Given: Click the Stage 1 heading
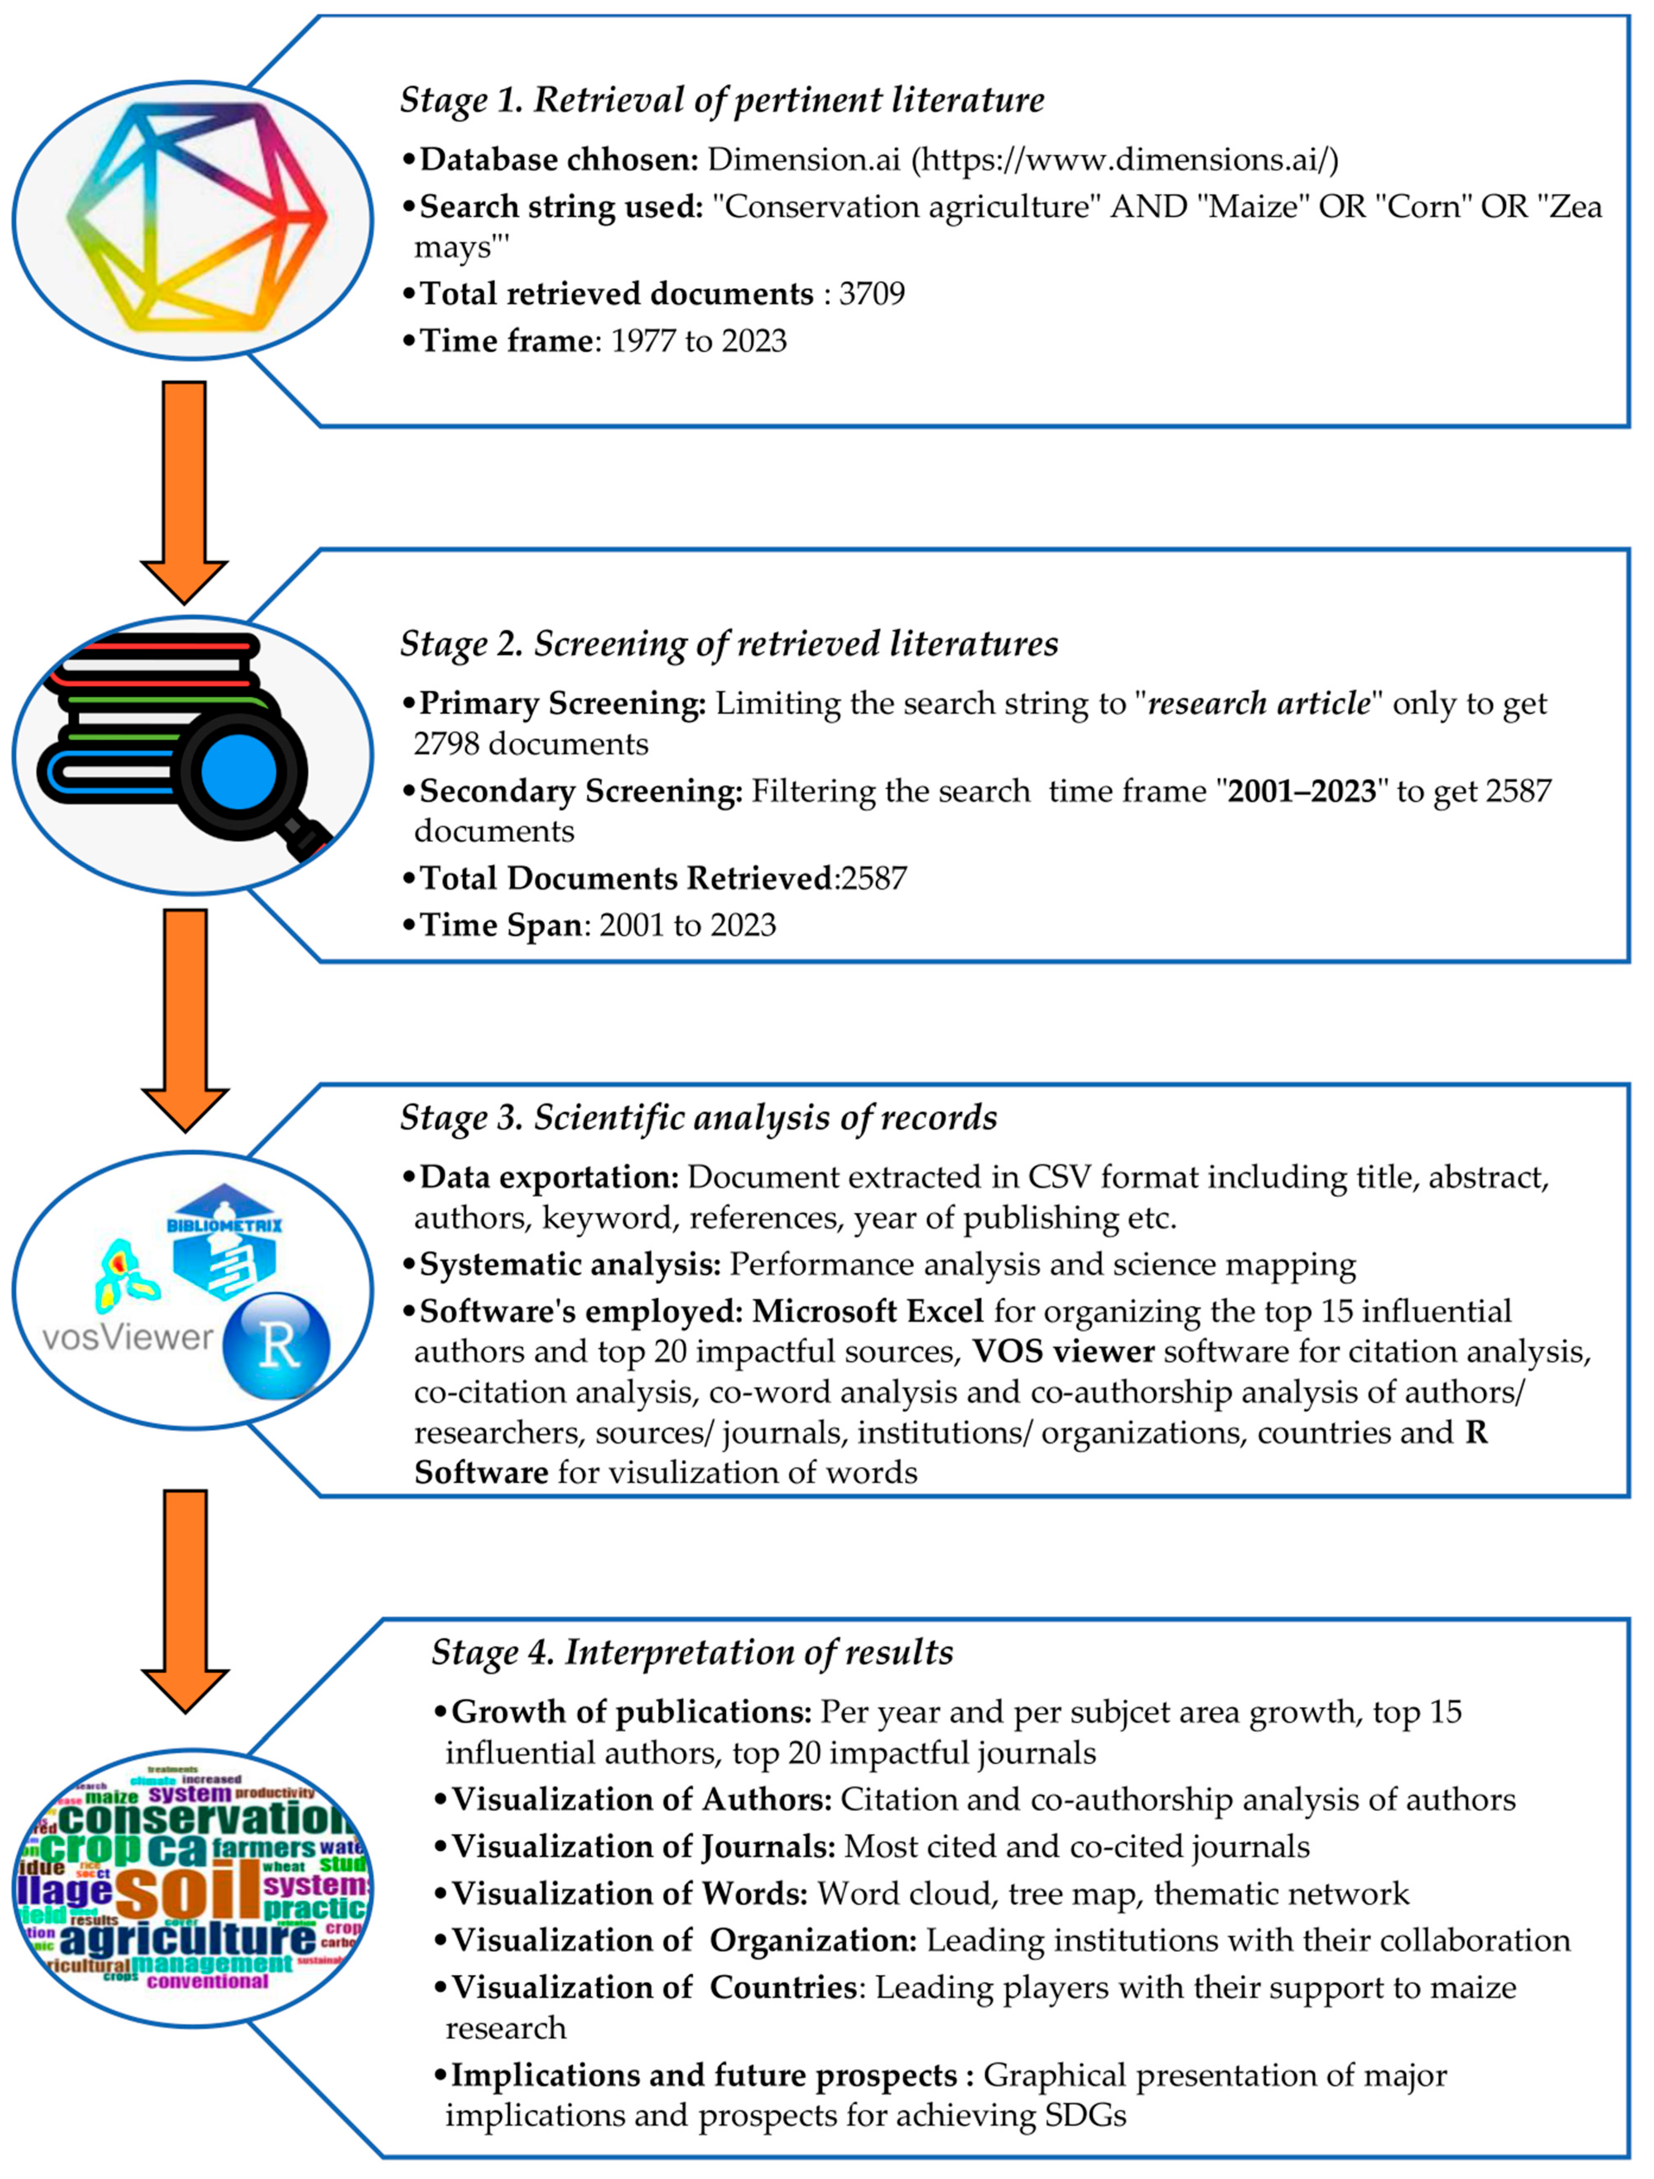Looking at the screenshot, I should [722, 101].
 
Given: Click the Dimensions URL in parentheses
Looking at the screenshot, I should [1123, 160].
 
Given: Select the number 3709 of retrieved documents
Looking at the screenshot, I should [872, 293].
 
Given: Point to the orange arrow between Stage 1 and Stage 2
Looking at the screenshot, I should [184, 490].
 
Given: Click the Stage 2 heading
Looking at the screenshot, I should [729, 644].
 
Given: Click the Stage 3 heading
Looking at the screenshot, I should [698, 1118].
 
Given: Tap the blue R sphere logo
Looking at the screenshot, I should [277, 1345].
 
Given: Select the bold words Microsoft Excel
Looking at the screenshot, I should [868, 1312].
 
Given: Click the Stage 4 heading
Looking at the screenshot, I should [692, 1652].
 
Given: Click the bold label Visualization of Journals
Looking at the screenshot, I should [643, 1846].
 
